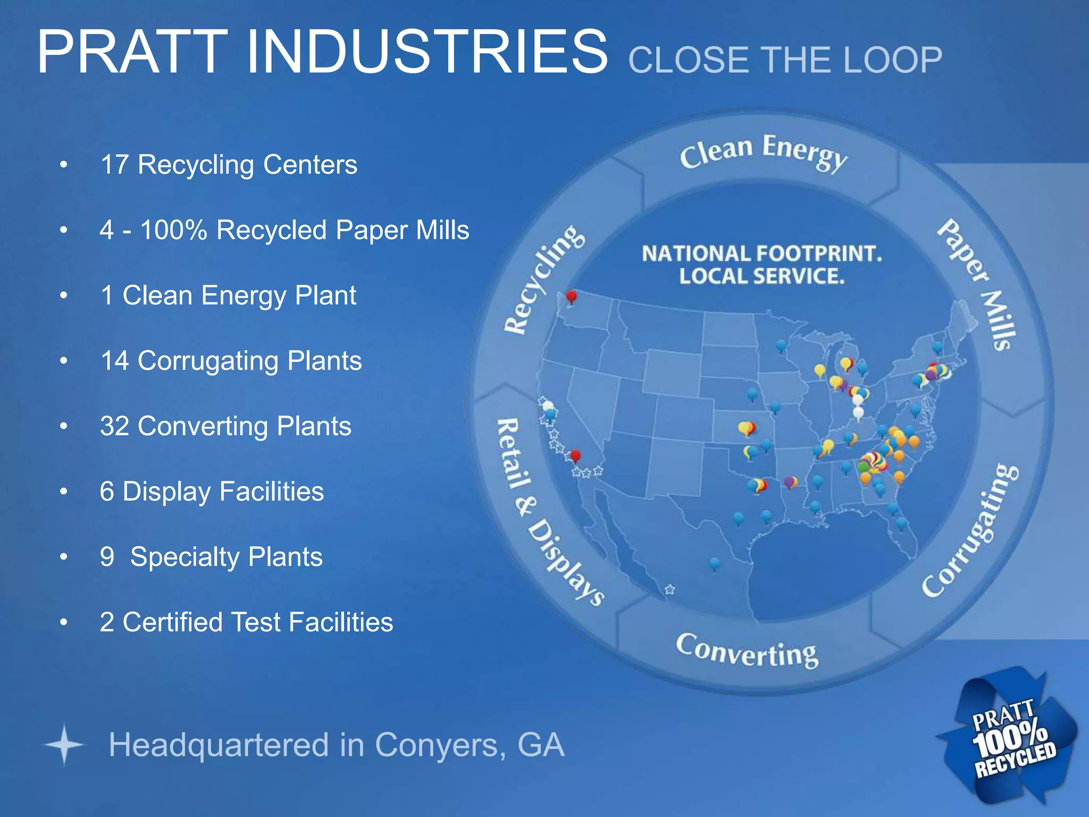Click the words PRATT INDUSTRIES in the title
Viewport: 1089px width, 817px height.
tap(322, 52)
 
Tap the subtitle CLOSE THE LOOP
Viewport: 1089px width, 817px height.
tap(785, 60)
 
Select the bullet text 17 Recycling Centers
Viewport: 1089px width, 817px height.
tap(229, 164)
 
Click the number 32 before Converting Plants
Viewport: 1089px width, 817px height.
tap(114, 426)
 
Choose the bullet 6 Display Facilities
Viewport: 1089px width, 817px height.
tap(212, 491)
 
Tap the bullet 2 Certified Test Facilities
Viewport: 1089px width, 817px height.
tap(246, 622)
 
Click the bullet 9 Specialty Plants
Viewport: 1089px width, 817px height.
tap(211, 557)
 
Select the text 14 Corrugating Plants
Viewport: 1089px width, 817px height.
tap(231, 361)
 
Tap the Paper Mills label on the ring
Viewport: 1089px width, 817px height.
tap(977, 285)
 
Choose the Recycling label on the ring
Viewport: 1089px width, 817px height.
tap(543, 279)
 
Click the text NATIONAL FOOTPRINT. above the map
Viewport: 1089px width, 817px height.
tap(761, 254)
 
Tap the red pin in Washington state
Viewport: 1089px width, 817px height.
tap(572, 296)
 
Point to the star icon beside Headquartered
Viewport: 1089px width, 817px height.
tap(64, 745)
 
